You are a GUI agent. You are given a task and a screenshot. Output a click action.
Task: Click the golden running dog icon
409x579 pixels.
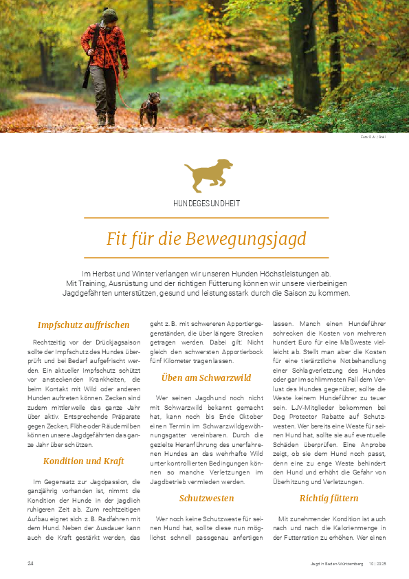(x=208, y=175)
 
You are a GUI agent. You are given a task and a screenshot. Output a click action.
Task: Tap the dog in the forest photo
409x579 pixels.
(x=150, y=109)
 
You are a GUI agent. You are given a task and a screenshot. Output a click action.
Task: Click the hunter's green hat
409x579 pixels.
(x=110, y=14)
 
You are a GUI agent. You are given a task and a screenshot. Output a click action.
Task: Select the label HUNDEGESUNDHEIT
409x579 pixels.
(x=206, y=204)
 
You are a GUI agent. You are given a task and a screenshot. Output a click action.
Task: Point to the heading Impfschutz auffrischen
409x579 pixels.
(x=84, y=325)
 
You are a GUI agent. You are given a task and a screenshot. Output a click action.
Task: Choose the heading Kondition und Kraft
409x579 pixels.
(x=84, y=461)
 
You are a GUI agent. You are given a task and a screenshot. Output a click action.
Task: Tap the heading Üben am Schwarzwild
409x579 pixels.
(x=206, y=378)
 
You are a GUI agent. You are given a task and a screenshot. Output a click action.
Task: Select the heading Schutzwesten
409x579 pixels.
(x=206, y=498)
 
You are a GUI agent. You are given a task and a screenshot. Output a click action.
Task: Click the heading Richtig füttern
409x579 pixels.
(x=329, y=498)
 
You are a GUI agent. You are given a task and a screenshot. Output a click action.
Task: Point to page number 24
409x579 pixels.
(x=30, y=564)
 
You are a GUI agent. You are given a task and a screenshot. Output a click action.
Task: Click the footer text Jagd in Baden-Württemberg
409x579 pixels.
(x=336, y=565)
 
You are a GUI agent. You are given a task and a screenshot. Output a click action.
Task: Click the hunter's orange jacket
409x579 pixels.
(x=103, y=47)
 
